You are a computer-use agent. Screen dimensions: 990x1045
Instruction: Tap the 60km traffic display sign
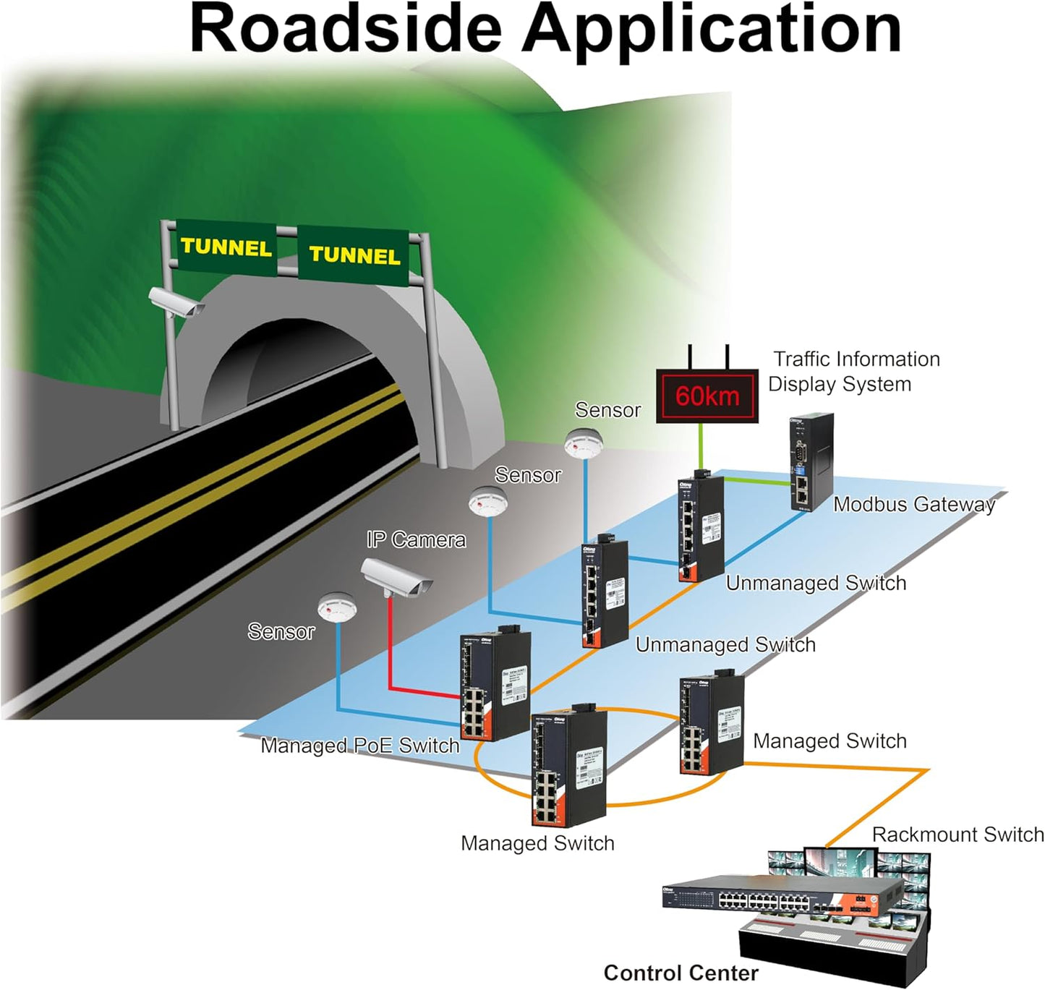point(707,396)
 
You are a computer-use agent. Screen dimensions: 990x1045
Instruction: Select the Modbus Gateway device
point(811,462)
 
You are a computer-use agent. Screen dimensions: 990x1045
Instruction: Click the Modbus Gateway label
point(914,504)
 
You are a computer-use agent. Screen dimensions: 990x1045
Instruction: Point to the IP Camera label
point(416,539)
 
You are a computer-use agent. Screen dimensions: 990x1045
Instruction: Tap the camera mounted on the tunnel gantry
point(176,302)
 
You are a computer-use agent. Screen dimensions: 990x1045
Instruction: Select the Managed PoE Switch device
point(495,686)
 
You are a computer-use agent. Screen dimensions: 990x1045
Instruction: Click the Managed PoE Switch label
point(359,746)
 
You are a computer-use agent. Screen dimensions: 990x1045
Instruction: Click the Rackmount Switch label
point(957,835)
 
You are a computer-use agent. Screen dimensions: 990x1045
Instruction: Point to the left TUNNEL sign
point(226,247)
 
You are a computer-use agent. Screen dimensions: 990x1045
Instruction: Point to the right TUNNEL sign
point(354,255)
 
